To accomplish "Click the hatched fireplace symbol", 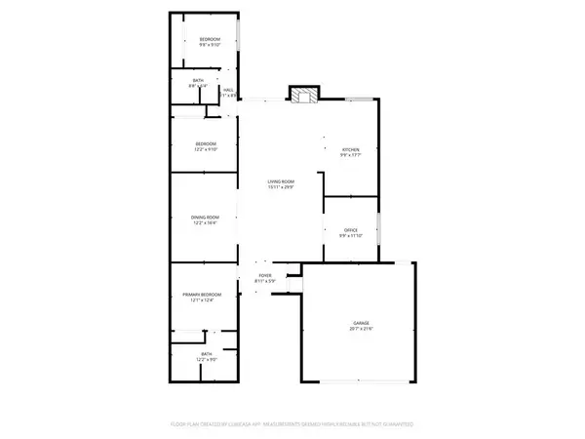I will point(303,96).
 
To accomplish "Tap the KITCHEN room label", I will point(351,149).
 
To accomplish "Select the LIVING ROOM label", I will point(282,182).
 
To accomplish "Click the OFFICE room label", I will point(351,230).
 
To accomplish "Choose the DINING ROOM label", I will point(206,218).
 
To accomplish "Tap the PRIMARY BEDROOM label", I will point(203,295).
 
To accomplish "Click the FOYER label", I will point(265,276).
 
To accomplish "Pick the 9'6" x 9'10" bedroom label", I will point(211,45).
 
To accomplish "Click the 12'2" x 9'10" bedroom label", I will point(205,149).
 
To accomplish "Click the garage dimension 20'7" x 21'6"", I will point(362,330).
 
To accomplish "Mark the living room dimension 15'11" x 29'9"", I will point(282,188).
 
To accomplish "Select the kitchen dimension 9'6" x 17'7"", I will point(351,155).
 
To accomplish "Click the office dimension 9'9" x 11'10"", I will point(351,236).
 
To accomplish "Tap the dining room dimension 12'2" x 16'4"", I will point(206,223).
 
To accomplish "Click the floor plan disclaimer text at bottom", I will point(292,425).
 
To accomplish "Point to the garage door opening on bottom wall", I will point(362,379).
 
